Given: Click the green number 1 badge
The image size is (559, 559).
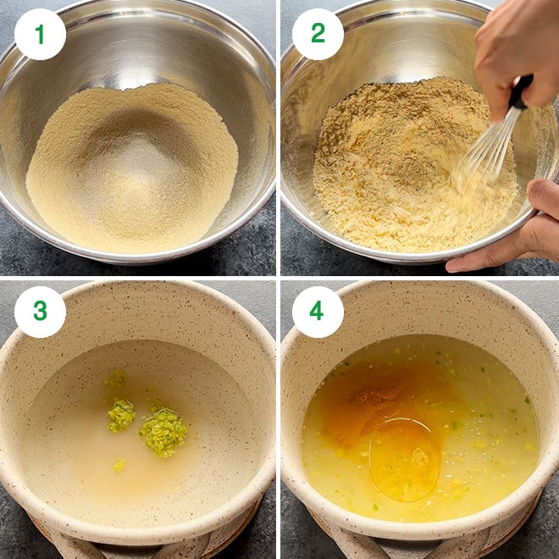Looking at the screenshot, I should tap(40, 34).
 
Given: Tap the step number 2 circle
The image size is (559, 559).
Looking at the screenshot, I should tap(318, 34).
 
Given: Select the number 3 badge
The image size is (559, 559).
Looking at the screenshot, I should tap(40, 312).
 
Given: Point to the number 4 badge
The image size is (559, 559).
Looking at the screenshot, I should tap(318, 312).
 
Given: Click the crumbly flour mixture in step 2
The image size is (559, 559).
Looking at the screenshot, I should tap(381, 169).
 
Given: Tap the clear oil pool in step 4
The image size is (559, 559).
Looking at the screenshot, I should tap(404, 457).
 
